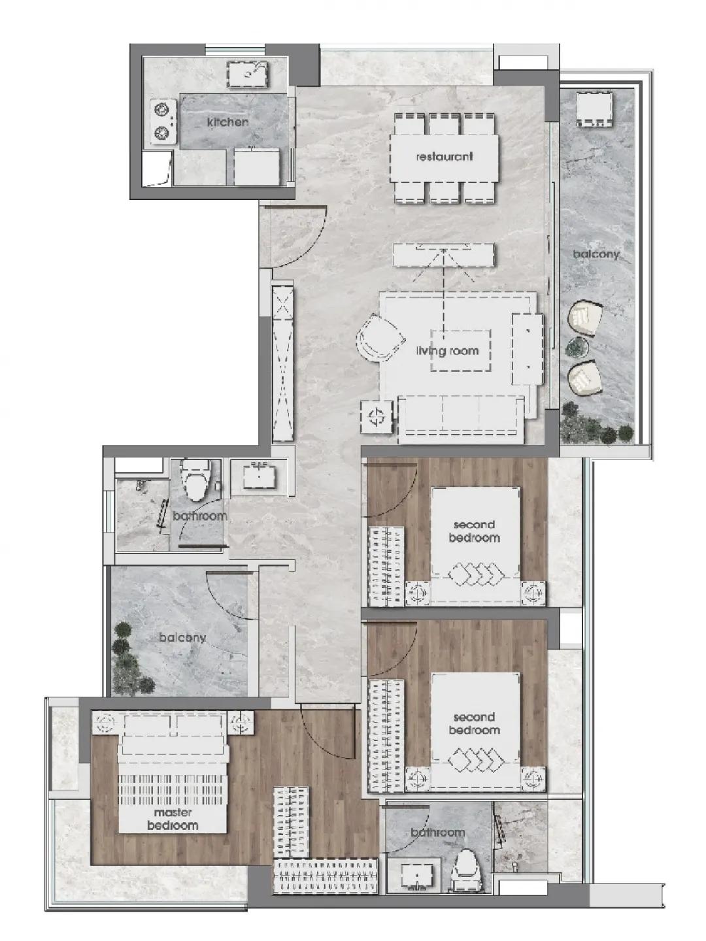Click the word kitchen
tap(227, 122)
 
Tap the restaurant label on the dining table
tap(445, 156)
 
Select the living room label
tap(448, 351)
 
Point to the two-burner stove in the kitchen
tap(163, 122)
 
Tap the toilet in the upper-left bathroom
tap(195, 480)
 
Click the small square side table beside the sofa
tap(377, 416)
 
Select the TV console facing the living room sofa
tap(445, 255)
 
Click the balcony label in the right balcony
tap(596, 254)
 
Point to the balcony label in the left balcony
tap(182, 638)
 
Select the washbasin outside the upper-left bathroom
tap(260, 475)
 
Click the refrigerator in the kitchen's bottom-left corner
tap(158, 168)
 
